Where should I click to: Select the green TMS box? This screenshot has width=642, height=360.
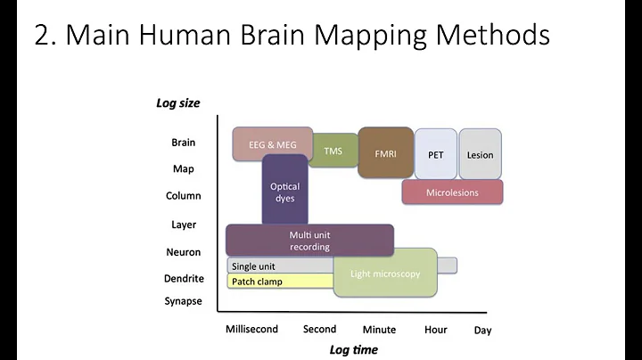pos(333,151)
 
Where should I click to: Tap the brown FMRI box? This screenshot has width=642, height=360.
pos(385,153)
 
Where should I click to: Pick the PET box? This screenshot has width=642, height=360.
pos(435,154)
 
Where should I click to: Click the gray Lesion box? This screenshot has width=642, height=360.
pos(480,154)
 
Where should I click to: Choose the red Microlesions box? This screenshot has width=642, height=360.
pos(452,192)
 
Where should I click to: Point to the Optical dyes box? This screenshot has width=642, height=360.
pos(284,192)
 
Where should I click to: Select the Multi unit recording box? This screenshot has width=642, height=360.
pos(309,240)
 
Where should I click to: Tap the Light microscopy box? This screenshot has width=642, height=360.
pos(385,274)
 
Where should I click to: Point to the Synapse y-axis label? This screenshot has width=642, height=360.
pos(183,301)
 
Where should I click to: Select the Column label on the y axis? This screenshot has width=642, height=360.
pos(183,196)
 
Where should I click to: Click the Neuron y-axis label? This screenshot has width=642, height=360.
pos(183,252)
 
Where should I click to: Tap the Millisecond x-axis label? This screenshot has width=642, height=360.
pos(251,329)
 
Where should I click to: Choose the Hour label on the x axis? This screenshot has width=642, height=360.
pos(435,330)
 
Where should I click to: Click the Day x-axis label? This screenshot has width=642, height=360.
pos(482,331)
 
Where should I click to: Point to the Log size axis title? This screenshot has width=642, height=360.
pos(178,103)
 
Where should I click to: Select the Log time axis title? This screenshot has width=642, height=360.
pos(354,349)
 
